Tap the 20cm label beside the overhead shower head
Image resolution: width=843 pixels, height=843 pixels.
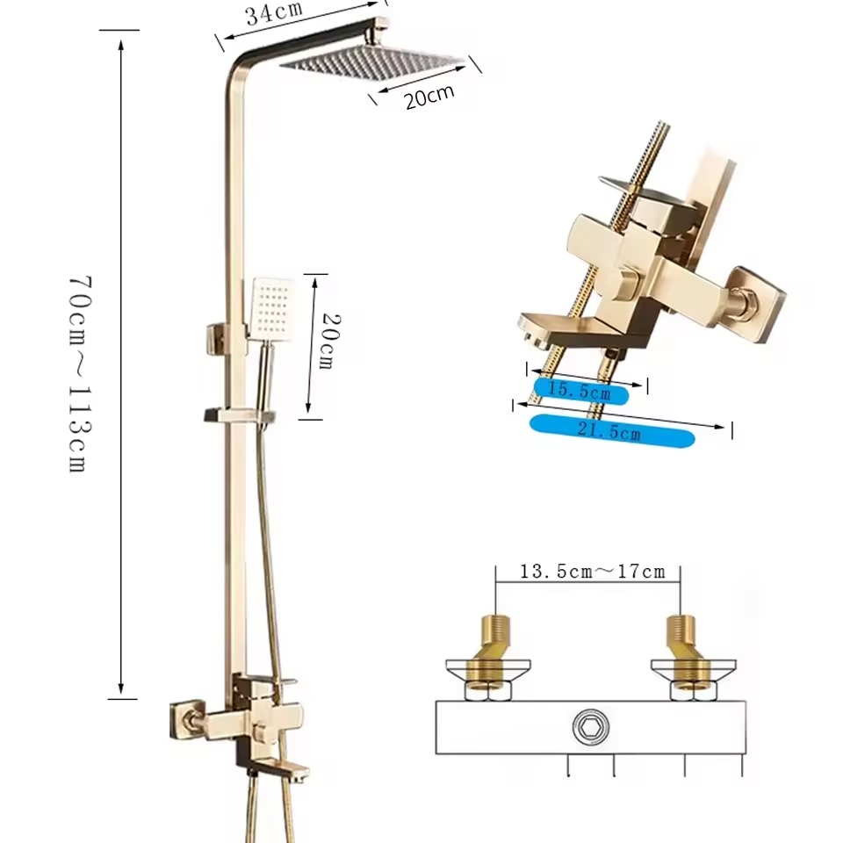click(429, 97)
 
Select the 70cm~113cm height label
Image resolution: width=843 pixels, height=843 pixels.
click(81, 374)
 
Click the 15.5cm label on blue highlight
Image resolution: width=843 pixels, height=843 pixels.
click(580, 391)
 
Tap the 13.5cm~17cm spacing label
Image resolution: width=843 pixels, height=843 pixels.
click(593, 571)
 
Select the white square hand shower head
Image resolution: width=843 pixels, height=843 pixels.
click(272, 308)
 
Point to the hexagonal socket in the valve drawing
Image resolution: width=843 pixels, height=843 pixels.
click(590, 727)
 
